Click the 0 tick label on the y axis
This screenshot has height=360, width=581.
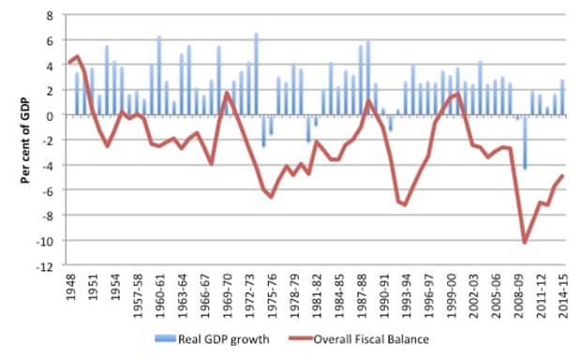[x=50, y=115]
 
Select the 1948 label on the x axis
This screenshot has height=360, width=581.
[x=71, y=291]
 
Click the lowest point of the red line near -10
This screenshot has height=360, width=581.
[x=524, y=243]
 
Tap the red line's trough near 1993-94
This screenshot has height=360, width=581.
[x=405, y=204]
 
